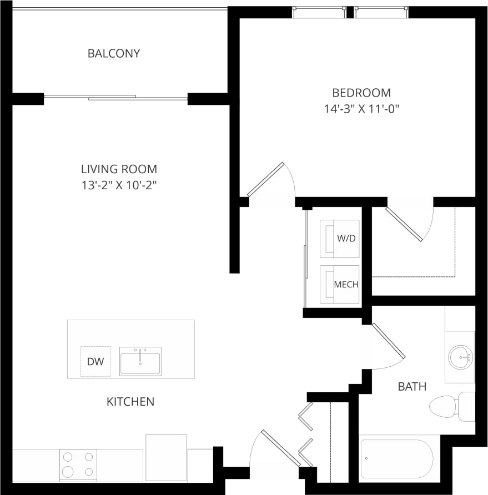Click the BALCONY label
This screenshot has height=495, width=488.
point(114,54)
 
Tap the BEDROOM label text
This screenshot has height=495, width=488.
point(361,93)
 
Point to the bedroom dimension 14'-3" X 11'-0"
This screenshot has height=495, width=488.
point(361,109)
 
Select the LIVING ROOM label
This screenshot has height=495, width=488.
point(119,169)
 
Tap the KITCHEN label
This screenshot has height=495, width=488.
point(130,401)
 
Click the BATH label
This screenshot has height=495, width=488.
point(412,386)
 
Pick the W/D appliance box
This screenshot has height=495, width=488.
point(339,239)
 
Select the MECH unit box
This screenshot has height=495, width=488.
point(339,284)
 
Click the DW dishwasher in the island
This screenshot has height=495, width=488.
point(95,361)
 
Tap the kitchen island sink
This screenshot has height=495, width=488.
point(140,361)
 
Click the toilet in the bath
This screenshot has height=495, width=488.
point(447,406)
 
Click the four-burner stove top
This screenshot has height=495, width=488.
point(78,464)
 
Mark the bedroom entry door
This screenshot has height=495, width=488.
point(266,179)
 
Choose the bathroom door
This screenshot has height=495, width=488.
point(389,339)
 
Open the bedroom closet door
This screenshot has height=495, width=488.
point(405,224)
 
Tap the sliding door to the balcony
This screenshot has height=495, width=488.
point(115,98)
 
